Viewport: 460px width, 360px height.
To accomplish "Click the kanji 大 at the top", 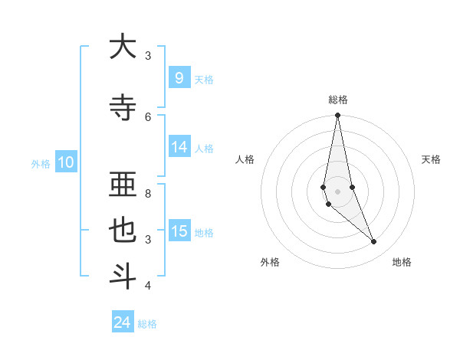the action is click(123, 47).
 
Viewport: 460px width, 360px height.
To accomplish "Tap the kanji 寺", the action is click(123, 107).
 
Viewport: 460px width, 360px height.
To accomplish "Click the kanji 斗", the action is click(123, 276).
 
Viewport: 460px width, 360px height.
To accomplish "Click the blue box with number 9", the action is click(179, 77).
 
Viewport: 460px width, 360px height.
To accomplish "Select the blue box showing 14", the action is click(179, 147).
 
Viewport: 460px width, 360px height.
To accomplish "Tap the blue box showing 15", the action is click(179, 231).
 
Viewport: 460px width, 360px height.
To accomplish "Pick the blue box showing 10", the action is click(65, 162).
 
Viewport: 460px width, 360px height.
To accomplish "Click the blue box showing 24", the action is click(123, 322).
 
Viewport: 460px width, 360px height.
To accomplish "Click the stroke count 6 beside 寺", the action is click(148, 116).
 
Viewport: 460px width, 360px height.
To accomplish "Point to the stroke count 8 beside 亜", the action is click(148, 193).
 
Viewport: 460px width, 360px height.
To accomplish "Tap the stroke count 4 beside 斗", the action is click(148, 286).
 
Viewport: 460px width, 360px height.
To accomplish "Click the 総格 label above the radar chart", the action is click(338, 100).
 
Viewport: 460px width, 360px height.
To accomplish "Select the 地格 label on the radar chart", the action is click(402, 262).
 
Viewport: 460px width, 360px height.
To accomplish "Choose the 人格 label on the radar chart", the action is click(245, 159).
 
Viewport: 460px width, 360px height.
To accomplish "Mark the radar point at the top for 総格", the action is click(337, 116).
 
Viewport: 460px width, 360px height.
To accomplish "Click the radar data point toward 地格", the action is click(374, 242).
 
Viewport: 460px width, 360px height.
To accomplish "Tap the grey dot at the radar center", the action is click(337, 191).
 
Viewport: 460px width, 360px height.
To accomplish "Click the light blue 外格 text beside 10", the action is click(41, 163).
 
